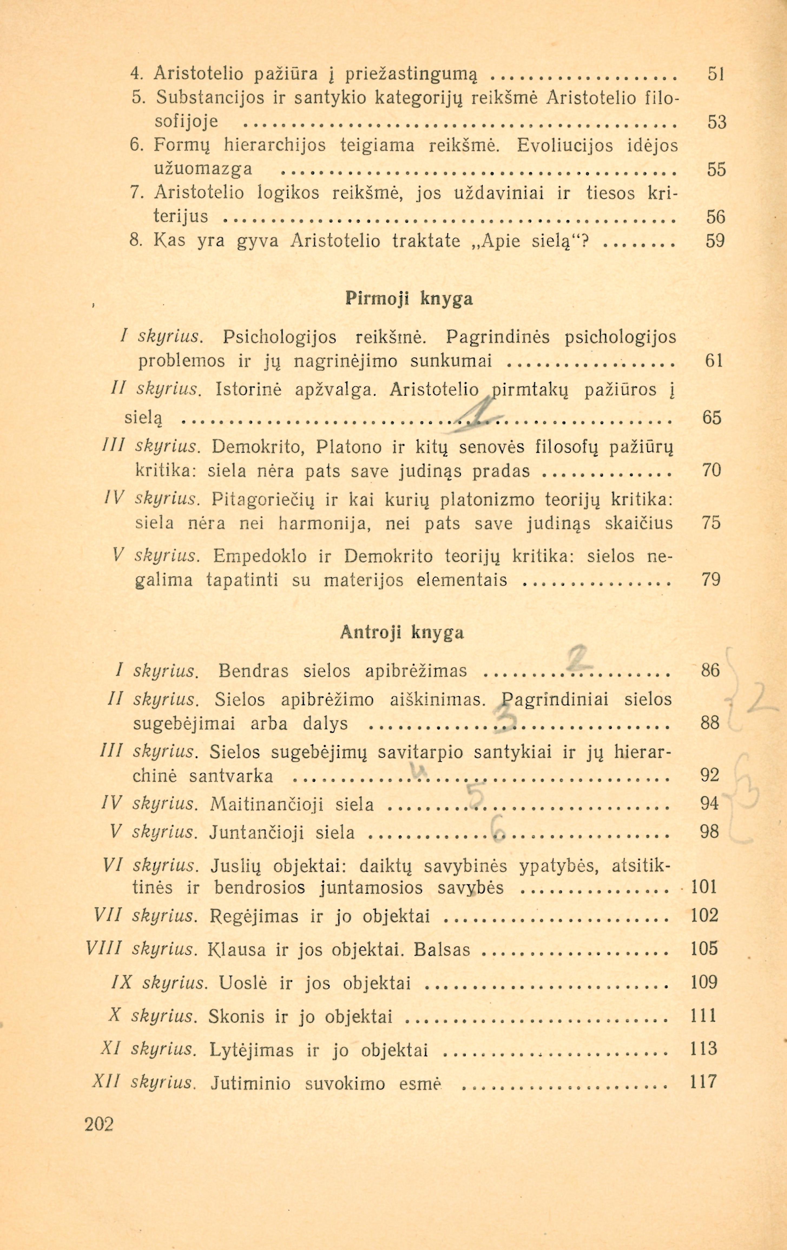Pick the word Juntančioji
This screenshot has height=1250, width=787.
261,833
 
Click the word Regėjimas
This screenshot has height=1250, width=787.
254,916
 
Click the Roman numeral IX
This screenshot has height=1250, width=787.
123,983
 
